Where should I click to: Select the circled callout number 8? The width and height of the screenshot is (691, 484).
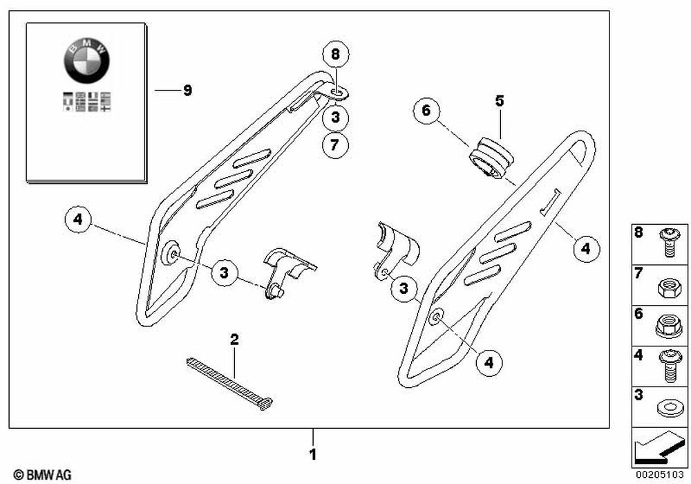(335, 54)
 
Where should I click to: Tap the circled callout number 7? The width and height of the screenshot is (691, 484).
(335, 145)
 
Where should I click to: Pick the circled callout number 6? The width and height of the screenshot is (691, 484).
(426, 111)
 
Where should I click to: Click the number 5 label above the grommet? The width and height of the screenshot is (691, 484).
(499, 101)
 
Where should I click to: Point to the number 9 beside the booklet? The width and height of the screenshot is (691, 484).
(187, 91)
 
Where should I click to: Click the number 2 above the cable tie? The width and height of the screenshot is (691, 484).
(234, 339)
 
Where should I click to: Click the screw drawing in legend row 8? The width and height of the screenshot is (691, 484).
(668, 243)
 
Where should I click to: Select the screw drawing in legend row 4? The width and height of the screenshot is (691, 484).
(668, 366)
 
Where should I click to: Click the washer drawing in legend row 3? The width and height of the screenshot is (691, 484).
(668, 407)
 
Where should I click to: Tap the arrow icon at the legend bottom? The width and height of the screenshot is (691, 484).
(659, 448)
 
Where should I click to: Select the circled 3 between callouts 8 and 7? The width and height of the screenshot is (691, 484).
(335, 118)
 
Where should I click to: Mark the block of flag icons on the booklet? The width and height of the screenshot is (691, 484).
(86, 102)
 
